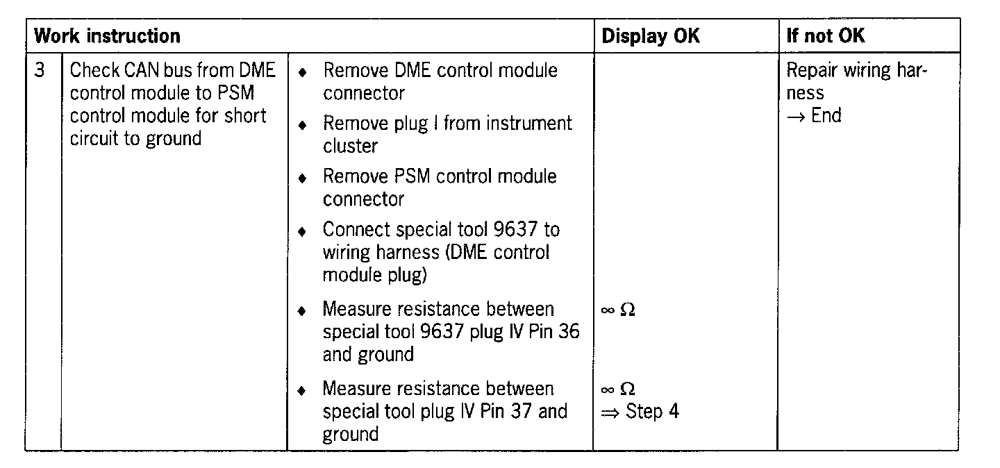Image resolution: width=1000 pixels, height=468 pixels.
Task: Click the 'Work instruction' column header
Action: pyautogui.click(x=107, y=35)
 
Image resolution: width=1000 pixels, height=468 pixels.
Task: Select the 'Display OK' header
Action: pyautogui.click(x=651, y=35)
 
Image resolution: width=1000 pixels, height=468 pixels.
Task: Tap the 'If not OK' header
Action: pyautogui.click(x=826, y=35)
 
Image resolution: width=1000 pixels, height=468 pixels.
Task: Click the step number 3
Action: pyautogui.click(x=41, y=70)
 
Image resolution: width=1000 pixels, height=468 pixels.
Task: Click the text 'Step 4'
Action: pyautogui.click(x=652, y=411)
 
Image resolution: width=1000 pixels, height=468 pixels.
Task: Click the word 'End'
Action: pyautogui.click(x=826, y=115)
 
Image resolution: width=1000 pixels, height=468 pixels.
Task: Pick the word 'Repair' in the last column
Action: pyautogui.click(x=812, y=70)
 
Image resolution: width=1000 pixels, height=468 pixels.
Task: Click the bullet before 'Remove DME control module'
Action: pyautogui.click(x=301, y=72)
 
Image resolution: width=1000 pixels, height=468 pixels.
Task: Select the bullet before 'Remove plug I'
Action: pyautogui.click(x=301, y=125)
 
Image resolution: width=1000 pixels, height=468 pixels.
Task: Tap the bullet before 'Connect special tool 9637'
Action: pyautogui.click(x=301, y=231)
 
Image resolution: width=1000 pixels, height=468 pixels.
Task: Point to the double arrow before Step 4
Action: pyautogui.click(x=609, y=412)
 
